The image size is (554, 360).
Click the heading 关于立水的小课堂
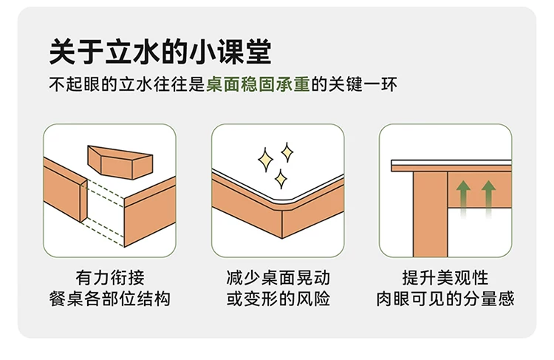point(160,52)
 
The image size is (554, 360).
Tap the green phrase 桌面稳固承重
point(258,85)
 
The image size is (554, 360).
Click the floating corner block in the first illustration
point(120,163)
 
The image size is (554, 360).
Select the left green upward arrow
point(463,199)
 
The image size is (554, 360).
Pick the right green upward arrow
point(488,199)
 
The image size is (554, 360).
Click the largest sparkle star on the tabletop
point(265,160)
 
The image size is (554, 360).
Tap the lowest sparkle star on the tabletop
point(281,179)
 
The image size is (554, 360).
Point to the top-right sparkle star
point(287,152)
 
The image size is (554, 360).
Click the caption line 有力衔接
point(110,278)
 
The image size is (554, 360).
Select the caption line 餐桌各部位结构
point(110,299)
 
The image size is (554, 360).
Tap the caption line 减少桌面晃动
point(278,278)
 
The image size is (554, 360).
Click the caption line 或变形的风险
point(278,299)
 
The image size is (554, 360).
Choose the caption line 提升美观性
point(445,278)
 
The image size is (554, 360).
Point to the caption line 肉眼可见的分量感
point(445,299)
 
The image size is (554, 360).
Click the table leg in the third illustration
point(431,214)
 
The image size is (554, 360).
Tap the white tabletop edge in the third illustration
point(451,163)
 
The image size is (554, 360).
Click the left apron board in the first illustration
point(65,190)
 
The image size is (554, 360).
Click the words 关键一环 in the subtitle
point(363,85)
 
